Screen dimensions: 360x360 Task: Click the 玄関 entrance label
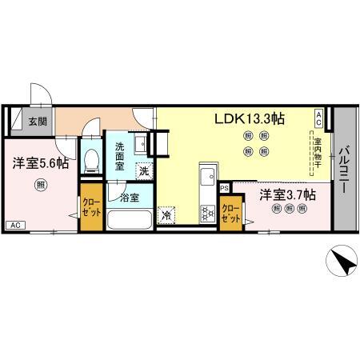pyautogui.click(x=38, y=122)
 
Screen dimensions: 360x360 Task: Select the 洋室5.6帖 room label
pyautogui.click(x=39, y=163)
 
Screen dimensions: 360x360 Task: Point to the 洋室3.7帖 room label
pyautogui.click(x=287, y=194)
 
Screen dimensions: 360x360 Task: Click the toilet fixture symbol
pyautogui.click(x=90, y=160)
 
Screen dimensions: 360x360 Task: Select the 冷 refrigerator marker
pyautogui.click(x=167, y=214)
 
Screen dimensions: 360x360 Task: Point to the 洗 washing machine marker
pyautogui.click(x=144, y=170)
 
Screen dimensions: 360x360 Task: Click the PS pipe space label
pyautogui.click(x=225, y=188)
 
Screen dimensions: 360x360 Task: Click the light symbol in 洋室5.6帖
pyautogui.click(x=39, y=186)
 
